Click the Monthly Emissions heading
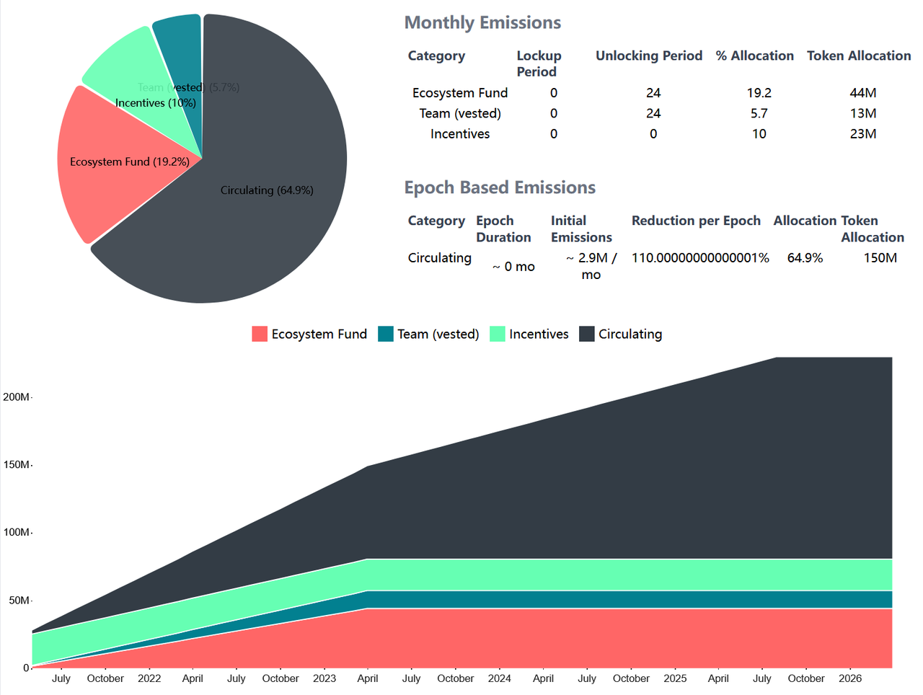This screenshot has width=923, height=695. click(x=482, y=23)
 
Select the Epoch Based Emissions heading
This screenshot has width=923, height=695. click(x=500, y=188)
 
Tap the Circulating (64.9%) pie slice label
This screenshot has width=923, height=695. click(x=267, y=190)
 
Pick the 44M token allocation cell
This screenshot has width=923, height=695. click(x=863, y=93)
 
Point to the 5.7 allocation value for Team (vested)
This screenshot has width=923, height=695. click(x=759, y=113)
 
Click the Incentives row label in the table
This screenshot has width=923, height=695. click(x=460, y=134)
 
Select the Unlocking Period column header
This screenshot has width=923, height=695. click(x=649, y=56)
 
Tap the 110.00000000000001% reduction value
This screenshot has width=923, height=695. click(x=700, y=258)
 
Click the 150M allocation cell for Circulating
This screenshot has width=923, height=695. click(x=880, y=258)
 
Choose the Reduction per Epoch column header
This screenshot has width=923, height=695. click(x=696, y=221)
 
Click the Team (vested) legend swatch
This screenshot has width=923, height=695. click(x=386, y=334)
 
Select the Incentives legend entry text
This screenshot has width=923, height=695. click(x=539, y=335)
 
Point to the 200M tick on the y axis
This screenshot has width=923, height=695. click(x=17, y=397)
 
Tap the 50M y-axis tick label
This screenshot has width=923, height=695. click(x=19, y=601)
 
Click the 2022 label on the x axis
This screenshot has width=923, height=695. click(x=149, y=678)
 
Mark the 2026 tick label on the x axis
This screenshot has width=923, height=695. click(x=850, y=678)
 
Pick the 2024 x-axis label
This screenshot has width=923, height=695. click(x=500, y=678)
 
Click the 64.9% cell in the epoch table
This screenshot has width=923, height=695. click(x=805, y=258)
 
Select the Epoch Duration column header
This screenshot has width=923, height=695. click(x=503, y=229)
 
